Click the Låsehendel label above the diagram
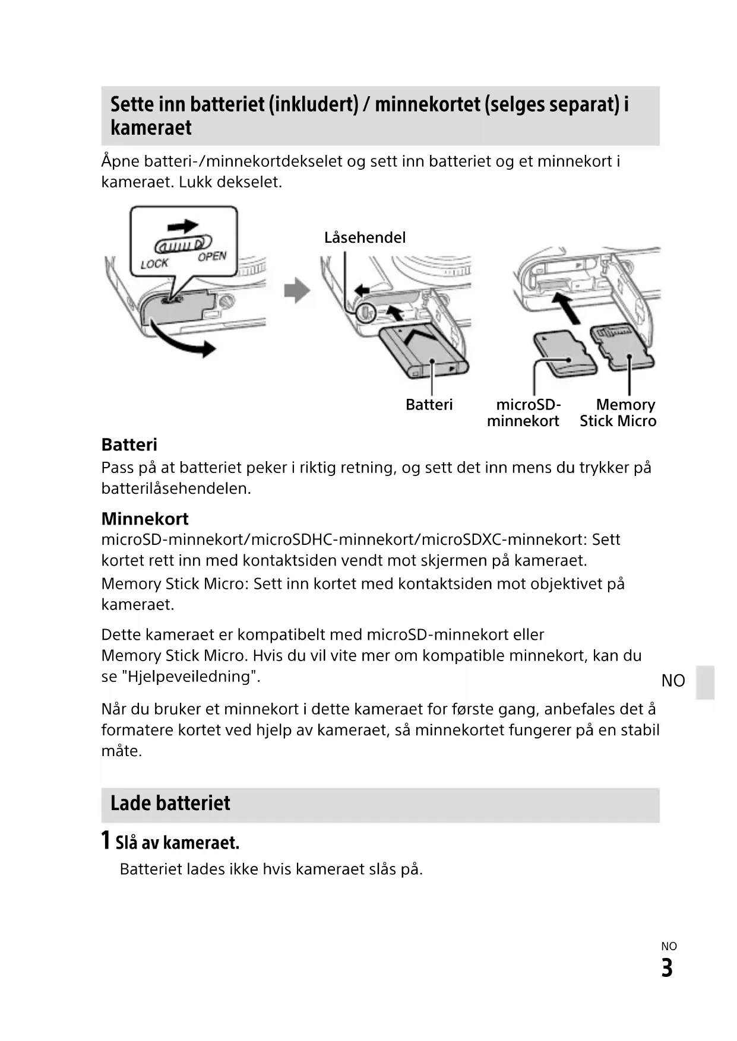pyautogui.click(x=365, y=237)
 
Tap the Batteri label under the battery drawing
pyautogui.click(x=429, y=405)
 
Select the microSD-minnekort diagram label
pyautogui.click(x=524, y=412)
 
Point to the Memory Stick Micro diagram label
pyautogui.click(x=618, y=412)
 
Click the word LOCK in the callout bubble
pyautogui.click(x=154, y=263)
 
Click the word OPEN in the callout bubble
pyautogui.click(x=212, y=256)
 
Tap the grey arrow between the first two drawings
pyautogui.click(x=297, y=291)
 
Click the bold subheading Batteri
pyautogui.click(x=129, y=445)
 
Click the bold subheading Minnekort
pyautogui.click(x=145, y=519)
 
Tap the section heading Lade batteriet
pyautogui.click(x=170, y=803)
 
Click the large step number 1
pyautogui.click(x=106, y=840)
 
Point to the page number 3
pyautogui.click(x=667, y=968)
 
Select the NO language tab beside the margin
pyautogui.click(x=673, y=681)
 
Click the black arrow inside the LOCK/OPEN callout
pyautogui.click(x=183, y=226)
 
